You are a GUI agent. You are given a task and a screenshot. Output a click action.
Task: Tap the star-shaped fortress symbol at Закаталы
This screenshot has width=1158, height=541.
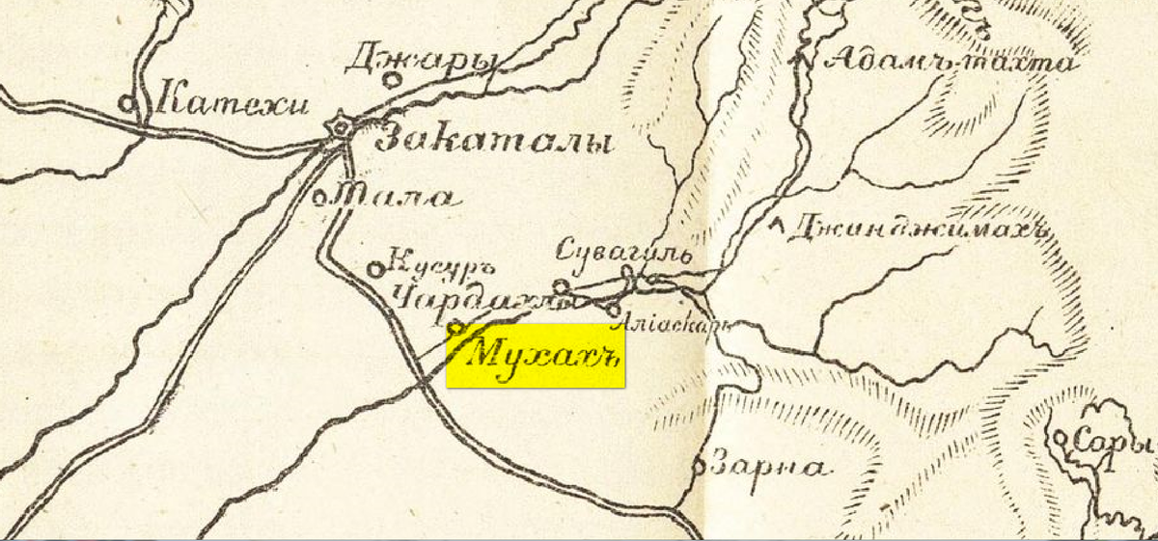[x=339, y=126]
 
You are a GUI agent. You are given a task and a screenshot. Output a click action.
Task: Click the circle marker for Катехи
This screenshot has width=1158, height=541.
[x=126, y=99]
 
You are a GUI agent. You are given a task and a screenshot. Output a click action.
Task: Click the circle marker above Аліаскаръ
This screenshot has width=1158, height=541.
[x=615, y=309]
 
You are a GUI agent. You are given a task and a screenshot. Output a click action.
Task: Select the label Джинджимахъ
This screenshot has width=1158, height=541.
[x=917, y=229]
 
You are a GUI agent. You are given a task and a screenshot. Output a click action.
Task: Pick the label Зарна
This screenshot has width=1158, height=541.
[x=768, y=467]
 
